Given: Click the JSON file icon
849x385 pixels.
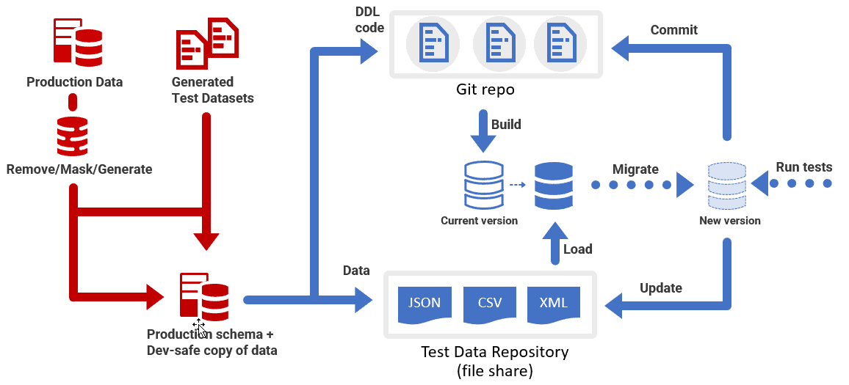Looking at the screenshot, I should [x=424, y=304].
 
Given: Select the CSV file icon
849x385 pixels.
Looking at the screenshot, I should [x=490, y=304].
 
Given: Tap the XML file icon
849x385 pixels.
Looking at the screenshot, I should [x=553, y=304].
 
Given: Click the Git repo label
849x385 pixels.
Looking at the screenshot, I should [x=485, y=90].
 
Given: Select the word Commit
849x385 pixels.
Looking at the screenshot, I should [x=673, y=30].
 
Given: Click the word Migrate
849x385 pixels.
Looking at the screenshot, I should [x=635, y=169].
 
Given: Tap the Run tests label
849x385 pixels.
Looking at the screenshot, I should [x=803, y=167].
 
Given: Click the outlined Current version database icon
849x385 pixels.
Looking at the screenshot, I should [x=483, y=185].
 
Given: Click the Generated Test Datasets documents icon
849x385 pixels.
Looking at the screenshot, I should [x=206, y=44].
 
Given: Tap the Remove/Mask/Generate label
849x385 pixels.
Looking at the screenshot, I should [x=79, y=169].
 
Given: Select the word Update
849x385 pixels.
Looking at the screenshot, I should [x=660, y=287].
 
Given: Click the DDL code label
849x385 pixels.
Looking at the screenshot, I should [x=369, y=21].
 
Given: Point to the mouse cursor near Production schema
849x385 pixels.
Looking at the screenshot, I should [x=198, y=327].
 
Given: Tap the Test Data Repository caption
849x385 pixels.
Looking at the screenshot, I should [x=494, y=361].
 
